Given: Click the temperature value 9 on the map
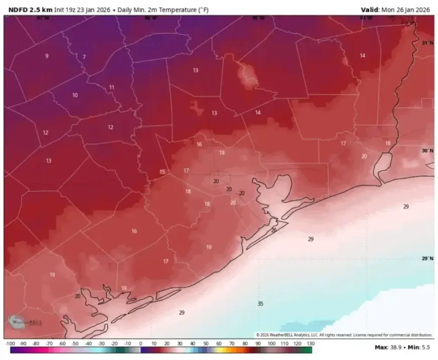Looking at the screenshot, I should point(47,56).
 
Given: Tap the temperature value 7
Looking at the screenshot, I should point(84,57).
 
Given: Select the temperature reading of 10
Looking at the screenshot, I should point(75,95).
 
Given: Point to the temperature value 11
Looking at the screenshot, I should point(112,87).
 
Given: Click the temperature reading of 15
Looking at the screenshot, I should point(162,172).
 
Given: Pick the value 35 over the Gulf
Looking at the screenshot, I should point(260,304).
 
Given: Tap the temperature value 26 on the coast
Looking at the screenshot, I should point(274,230).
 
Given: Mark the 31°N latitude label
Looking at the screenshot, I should point(427,43).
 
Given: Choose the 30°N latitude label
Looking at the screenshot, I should point(427,151).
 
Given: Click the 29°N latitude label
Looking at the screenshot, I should point(427,258).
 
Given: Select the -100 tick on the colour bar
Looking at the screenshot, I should point(10,343).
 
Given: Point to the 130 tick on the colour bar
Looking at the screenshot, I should point(310,343).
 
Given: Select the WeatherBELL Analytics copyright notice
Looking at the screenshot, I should point(344,335).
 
